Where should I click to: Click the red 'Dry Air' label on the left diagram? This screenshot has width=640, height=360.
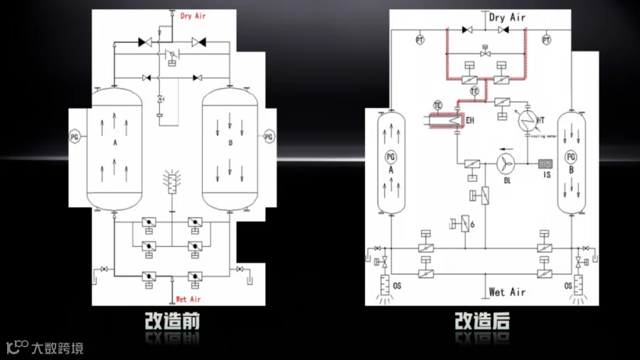click(193, 16)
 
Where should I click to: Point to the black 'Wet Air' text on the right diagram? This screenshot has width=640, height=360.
click(507, 292)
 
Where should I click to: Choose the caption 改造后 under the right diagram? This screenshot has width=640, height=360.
click(483, 322)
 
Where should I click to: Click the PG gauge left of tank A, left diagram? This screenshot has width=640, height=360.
click(75, 135)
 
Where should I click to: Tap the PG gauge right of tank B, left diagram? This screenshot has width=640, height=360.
click(268, 136)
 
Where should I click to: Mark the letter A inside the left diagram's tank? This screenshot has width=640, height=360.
click(114, 143)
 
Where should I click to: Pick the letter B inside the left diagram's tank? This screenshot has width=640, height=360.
click(230, 143)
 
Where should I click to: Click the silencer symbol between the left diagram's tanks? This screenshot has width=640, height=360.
click(170, 183)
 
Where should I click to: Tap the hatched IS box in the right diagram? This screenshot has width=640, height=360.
click(546, 163)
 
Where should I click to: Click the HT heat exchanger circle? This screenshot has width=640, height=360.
click(527, 119)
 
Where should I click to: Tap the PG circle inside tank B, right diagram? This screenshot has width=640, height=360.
click(570, 157)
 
